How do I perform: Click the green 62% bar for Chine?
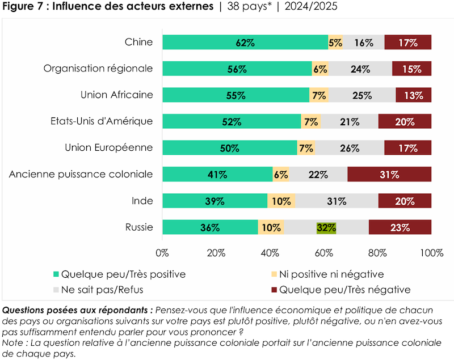[x=245, y=43]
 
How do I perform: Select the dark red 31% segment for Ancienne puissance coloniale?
[x=389, y=175]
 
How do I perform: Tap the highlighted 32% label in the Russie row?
[x=326, y=228]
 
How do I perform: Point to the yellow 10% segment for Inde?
[x=281, y=201]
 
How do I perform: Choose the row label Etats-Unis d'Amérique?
[x=102, y=121]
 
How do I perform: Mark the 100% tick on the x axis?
[x=431, y=253]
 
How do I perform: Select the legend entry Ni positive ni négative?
[x=333, y=274]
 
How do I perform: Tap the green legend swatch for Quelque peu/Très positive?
[x=55, y=274]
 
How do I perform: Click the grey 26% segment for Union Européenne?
[x=350, y=148]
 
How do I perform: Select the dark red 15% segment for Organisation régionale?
[x=411, y=69]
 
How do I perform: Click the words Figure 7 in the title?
[x=20, y=7]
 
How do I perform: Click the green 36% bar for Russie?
[x=210, y=228]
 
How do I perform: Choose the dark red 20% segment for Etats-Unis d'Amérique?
[x=405, y=121]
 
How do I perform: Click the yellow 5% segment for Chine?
[x=335, y=43]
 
